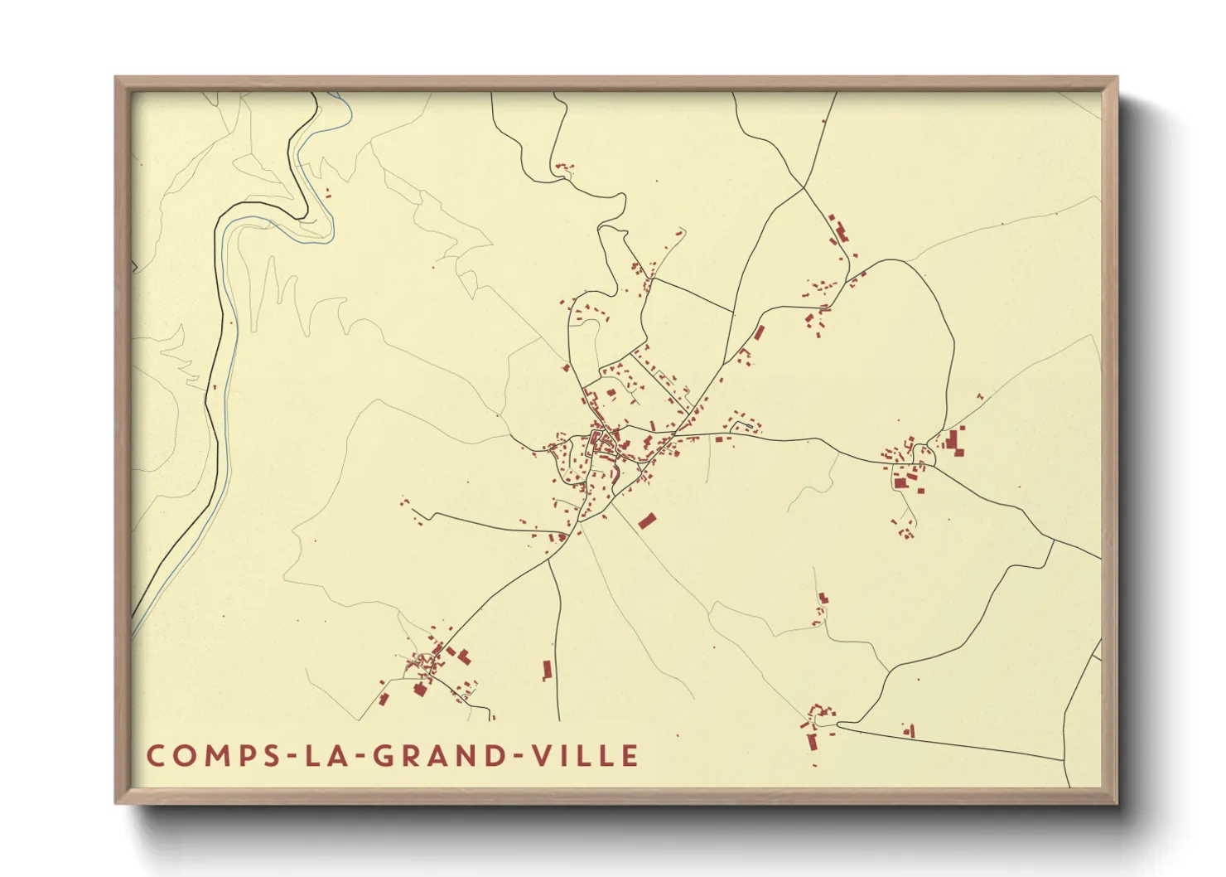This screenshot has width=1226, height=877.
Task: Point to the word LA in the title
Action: (x=320, y=756)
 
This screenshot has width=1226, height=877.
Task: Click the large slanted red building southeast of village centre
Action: (x=647, y=521)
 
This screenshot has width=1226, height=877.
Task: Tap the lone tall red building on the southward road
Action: (x=547, y=670)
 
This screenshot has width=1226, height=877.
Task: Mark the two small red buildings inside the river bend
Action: (x=327, y=194)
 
